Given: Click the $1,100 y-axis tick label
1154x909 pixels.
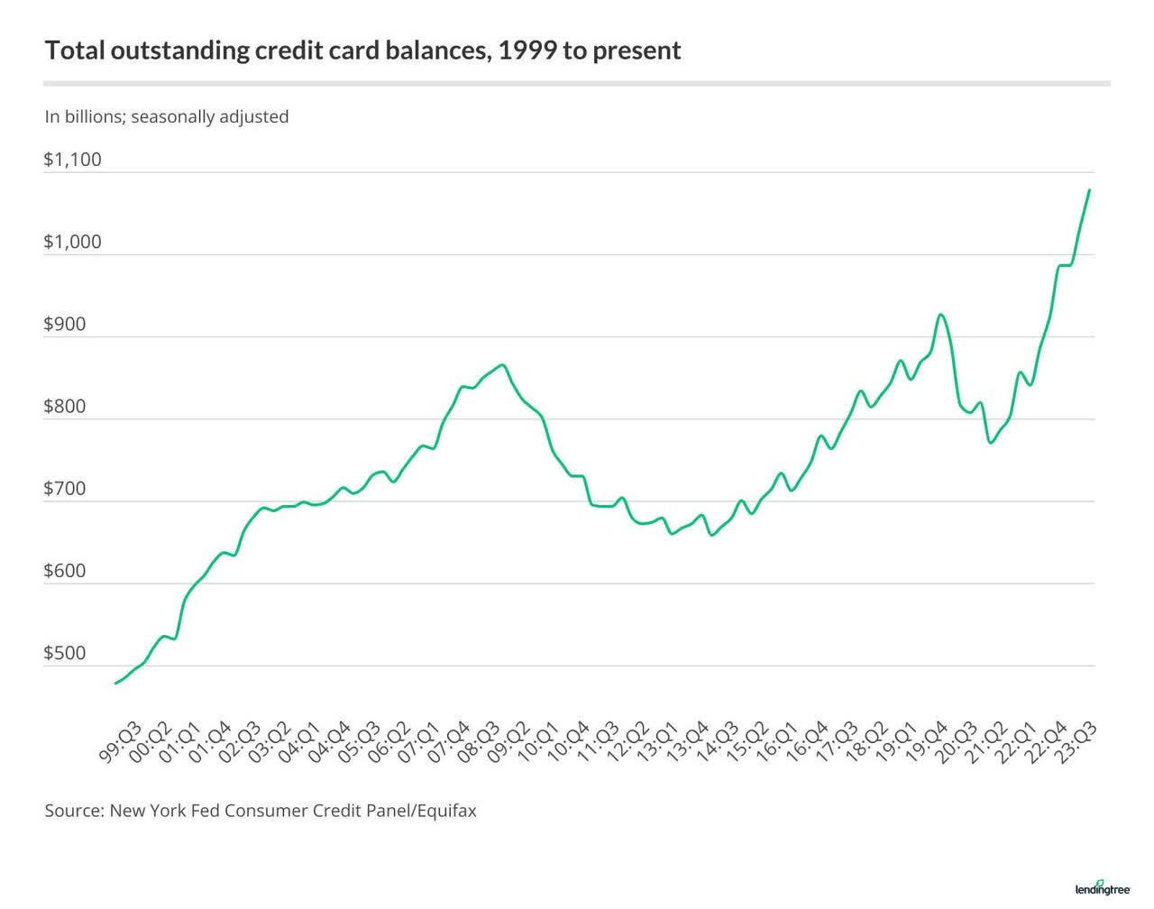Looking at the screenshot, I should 72,160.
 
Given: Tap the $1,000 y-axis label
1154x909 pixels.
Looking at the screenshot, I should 72,242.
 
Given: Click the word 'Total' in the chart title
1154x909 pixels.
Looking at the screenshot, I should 75,50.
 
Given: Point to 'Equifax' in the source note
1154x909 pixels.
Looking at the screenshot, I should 445,810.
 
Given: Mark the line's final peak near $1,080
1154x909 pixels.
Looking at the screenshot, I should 1090,190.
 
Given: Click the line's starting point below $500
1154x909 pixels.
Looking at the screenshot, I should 115,684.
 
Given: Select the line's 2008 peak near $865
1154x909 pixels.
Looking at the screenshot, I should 503,365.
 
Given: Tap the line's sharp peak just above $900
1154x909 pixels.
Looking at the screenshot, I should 940,315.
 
